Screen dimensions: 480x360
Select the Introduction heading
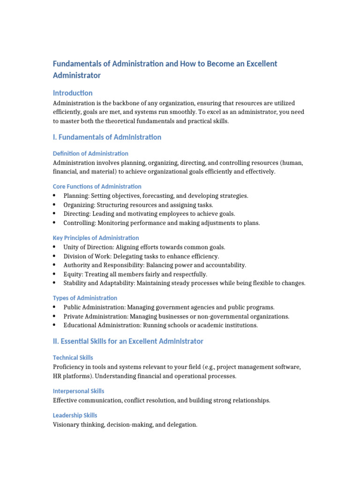73,93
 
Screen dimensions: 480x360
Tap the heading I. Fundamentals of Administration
107,137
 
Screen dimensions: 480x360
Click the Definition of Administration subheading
90,153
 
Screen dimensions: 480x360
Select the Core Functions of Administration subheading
97,186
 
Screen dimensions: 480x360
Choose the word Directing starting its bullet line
76,214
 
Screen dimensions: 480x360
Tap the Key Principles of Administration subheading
96,238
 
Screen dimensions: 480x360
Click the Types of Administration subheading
85,298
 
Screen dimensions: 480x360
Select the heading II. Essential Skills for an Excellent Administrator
128,341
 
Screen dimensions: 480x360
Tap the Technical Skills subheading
73,358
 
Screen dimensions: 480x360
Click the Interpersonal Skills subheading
78,391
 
